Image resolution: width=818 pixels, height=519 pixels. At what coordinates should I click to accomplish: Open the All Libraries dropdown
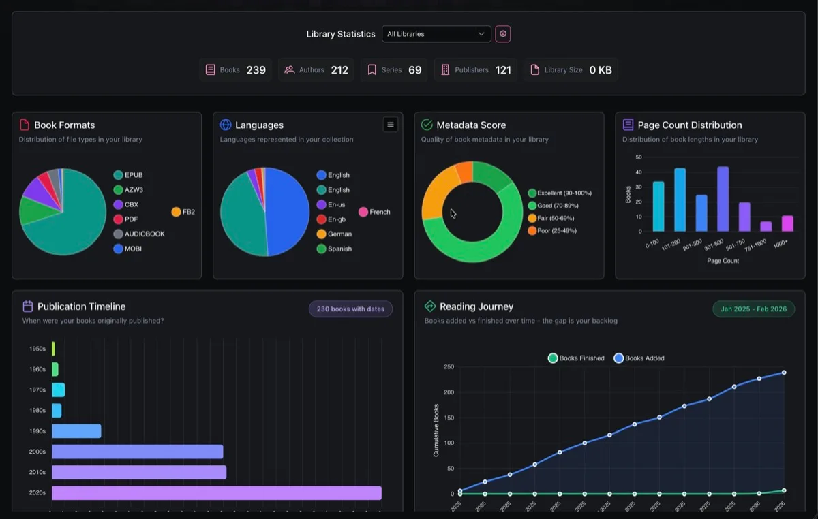436,34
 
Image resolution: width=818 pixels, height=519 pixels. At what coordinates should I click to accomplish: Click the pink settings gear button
503,34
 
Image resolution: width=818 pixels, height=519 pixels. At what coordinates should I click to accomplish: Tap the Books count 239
256,69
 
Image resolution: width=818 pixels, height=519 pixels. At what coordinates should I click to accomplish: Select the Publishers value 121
503,69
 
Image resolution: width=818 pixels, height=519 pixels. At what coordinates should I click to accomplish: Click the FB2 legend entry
183,212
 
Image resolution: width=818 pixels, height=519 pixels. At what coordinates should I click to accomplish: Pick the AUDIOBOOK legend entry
139,234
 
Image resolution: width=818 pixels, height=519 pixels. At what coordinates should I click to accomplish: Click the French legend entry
374,212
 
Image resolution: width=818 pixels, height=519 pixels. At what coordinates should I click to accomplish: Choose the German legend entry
334,234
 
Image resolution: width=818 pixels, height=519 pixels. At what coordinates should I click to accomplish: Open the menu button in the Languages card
391,125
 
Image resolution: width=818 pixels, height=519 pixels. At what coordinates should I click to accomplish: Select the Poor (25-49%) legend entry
552,231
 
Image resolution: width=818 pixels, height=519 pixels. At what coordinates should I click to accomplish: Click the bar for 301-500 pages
723,199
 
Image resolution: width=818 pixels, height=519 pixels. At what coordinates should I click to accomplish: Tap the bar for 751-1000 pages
766,226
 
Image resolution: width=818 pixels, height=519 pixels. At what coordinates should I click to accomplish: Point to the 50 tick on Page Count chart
639,157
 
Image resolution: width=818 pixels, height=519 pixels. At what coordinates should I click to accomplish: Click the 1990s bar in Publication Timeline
76,431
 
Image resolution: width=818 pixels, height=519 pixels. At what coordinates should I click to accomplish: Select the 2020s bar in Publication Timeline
217,492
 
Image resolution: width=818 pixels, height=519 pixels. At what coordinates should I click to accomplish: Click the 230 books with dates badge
350,309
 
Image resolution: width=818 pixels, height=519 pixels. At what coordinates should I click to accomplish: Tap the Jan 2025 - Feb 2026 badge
753,309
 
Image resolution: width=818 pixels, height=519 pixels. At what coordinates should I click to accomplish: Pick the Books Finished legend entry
576,358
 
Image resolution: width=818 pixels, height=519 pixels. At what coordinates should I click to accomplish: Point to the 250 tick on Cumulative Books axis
449,367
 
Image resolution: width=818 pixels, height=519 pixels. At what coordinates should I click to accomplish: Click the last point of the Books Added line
784,373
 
